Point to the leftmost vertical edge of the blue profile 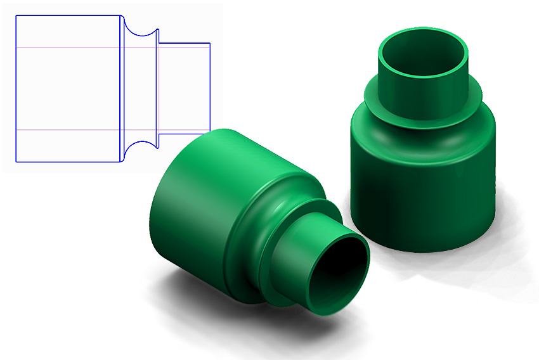pos(16,89)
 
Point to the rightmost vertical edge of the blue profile pos(210,89)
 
